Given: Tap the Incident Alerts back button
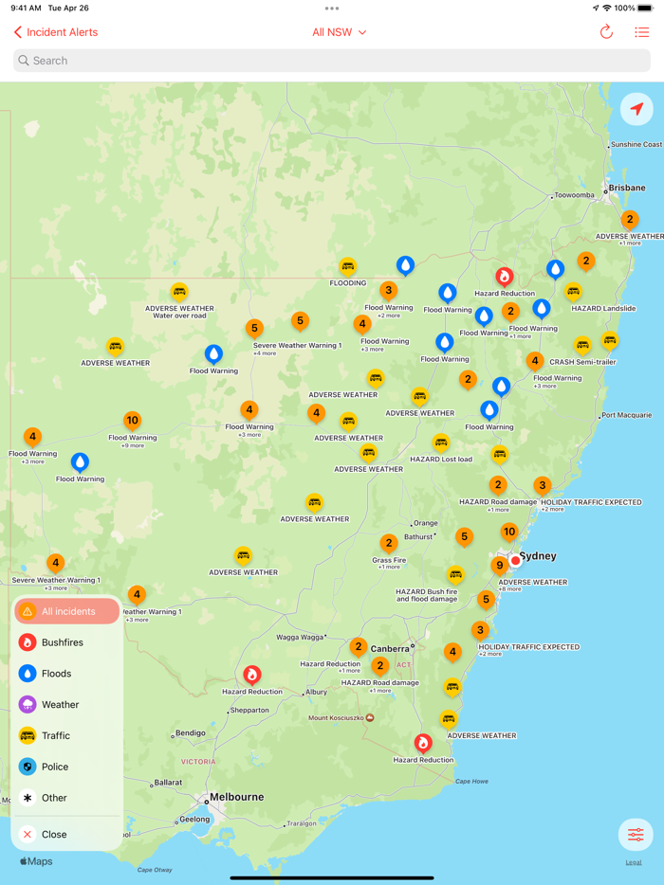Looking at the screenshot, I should [x=56, y=32].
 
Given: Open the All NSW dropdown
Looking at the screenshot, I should [x=339, y=32].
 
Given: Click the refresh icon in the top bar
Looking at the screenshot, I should [x=606, y=32].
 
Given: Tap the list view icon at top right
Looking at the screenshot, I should [x=642, y=32].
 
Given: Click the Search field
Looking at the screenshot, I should [x=332, y=61].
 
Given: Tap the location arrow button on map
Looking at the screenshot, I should [x=636, y=109].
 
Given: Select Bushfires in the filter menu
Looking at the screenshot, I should [x=63, y=642].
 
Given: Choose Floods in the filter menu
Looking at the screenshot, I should [x=57, y=674].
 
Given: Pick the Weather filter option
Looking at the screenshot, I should [x=60, y=705].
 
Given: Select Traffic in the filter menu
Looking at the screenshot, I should [x=56, y=735].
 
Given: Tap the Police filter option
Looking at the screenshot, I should [x=55, y=767].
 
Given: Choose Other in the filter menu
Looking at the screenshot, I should [x=54, y=798].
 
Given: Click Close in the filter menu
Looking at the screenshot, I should [x=54, y=835].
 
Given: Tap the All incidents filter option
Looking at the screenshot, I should [x=67, y=611].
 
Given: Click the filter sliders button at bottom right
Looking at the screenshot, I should [x=635, y=835].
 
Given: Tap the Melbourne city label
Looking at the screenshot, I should [x=236, y=797].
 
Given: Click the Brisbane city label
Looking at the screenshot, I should [x=627, y=188].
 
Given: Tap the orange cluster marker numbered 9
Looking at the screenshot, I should [x=500, y=566].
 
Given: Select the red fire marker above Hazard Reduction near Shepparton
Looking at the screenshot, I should [x=252, y=675].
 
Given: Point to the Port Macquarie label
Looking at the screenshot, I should [x=627, y=415].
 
